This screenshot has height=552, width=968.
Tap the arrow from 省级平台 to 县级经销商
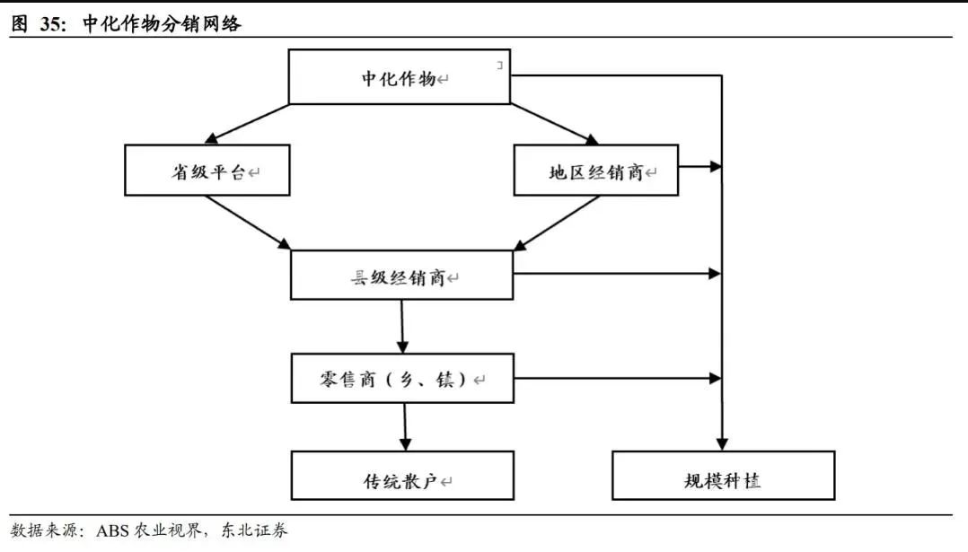(x=248, y=223)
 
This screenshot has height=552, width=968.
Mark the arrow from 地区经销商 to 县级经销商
(x=556, y=223)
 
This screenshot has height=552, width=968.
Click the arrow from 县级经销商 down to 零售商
(x=402, y=327)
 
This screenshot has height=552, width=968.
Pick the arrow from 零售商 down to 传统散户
(x=405, y=427)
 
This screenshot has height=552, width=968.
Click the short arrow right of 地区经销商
(x=700, y=167)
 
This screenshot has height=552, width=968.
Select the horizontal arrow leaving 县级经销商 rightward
(x=618, y=273)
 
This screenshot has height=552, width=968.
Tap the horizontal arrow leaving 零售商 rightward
(x=618, y=378)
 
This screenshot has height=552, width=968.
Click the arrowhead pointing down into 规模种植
(x=722, y=444)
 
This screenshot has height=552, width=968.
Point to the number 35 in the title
(x=51, y=24)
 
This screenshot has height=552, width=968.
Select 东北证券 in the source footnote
(x=254, y=530)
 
